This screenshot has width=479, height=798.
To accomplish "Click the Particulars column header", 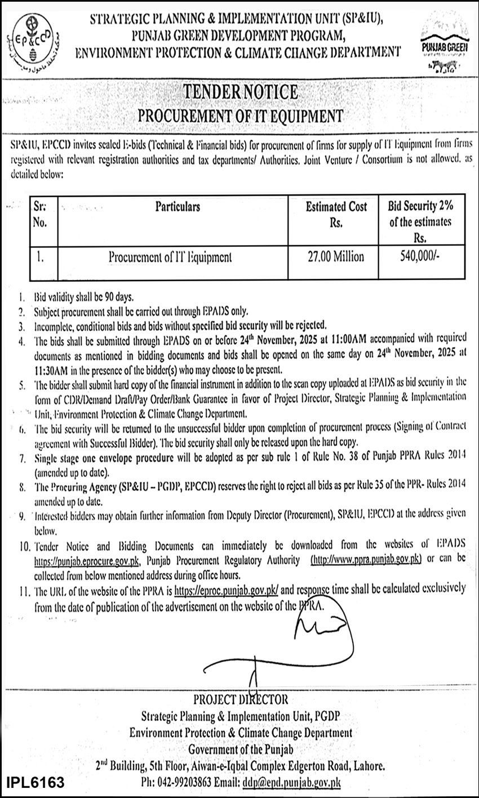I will point(178,207).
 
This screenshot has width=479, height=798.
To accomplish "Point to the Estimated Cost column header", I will point(336,214).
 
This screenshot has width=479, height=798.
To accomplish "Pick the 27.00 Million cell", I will point(336,258).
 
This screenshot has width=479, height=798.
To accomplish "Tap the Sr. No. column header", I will point(39,214).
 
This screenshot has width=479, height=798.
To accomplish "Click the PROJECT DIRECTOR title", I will point(240,699).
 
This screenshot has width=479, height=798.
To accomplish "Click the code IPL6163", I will point(36,783).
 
